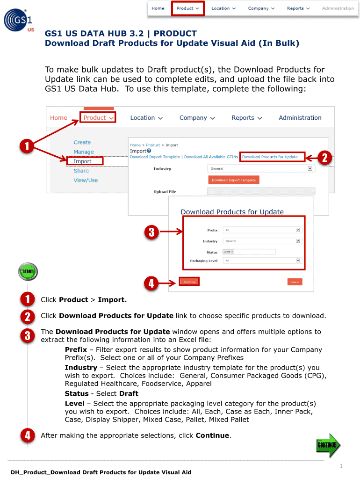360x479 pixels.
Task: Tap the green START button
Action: (x=28, y=272)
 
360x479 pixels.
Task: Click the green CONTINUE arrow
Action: (x=328, y=445)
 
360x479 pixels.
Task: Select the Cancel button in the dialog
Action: (x=295, y=282)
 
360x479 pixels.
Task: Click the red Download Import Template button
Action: (x=233, y=180)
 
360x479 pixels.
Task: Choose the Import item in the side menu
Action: (x=82, y=161)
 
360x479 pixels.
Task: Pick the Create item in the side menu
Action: (x=82, y=142)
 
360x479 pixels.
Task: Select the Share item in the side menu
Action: (x=81, y=171)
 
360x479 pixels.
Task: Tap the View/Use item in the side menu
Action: (x=86, y=180)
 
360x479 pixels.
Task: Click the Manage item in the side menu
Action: (x=84, y=152)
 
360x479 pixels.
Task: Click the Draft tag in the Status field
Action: (x=228, y=252)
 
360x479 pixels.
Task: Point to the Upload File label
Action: (x=165, y=192)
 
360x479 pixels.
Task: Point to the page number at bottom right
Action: (x=341, y=466)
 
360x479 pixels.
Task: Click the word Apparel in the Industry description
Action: (x=199, y=384)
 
